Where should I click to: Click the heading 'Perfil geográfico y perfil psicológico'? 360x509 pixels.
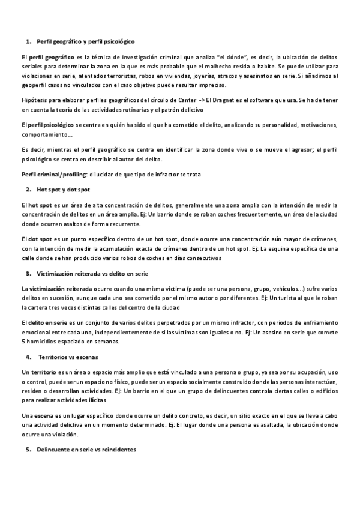pyautogui.click(x=85, y=41)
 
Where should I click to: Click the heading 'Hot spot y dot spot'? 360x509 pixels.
pyautogui.click(x=63, y=189)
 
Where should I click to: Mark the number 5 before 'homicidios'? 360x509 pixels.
pyautogui.click(x=22, y=342)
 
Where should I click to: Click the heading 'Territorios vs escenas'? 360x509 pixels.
pyautogui.click(x=68, y=357)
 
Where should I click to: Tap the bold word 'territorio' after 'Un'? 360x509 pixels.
pyautogui.click(x=43, y=372)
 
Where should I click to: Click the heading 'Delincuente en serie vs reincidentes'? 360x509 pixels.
pyautogui.click(x=86, y=449)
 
